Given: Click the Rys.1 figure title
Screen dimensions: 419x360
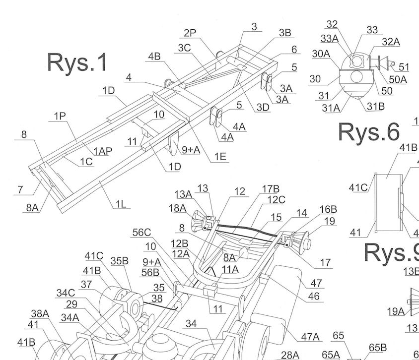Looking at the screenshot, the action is click(77, 62).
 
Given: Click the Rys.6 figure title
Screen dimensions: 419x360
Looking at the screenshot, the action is click(369, 132).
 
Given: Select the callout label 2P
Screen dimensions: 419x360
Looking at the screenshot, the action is click(190, 33).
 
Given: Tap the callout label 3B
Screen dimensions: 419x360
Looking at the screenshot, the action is click(285, 33).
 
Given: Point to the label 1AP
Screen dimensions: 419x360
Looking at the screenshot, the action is click(103, 151).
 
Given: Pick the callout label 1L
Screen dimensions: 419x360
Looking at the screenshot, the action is click(121, 204).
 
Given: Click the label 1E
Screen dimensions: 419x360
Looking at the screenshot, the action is click(220, 157).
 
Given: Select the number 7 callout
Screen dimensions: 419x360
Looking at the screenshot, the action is click(20, 190).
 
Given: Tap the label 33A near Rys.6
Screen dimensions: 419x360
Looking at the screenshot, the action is click(330, 39).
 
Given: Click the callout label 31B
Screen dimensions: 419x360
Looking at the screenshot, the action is click(376, 106).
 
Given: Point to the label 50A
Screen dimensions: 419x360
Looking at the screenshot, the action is click(398, 79).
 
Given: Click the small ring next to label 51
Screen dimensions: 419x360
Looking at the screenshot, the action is click(392, 63).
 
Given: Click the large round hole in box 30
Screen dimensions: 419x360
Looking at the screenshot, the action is click(356, 77).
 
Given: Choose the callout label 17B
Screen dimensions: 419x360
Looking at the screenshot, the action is click(271, 189).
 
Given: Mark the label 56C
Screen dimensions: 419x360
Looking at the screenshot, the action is click(141, 233).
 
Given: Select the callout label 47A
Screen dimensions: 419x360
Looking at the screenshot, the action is click(310, 337).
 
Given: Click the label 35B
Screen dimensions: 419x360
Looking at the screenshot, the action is click(120, 261).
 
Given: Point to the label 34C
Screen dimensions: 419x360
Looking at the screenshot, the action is click(66, 293).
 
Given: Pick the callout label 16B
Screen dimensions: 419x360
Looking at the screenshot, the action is click(328, 209).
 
